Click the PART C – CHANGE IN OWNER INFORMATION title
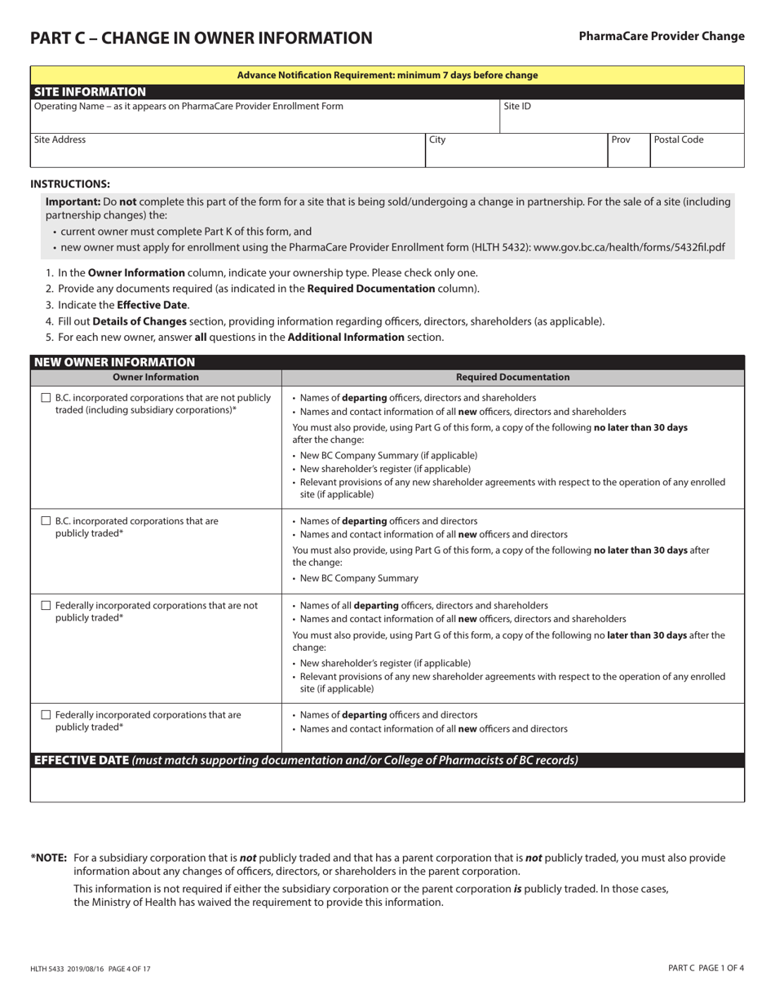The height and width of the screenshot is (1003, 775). [201, 38]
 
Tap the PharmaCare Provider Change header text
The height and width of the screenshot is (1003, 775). [661, 36]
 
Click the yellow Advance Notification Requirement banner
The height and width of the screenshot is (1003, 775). [387, 75]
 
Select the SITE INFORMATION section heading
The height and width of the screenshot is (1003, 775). [90, 92]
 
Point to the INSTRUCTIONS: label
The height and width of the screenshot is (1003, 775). [70, 184]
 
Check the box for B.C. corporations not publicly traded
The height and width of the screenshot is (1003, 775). [46, 398]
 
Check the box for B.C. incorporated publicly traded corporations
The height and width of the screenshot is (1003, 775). [46, 521]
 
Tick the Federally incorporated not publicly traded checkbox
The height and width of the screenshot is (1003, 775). [46, 606]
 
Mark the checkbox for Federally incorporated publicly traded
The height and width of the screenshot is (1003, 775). [46, 715]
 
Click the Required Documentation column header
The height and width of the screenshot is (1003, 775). [512, 378]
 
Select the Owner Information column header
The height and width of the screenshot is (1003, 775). [155, 378]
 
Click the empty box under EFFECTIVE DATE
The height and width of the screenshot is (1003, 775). [387, 784]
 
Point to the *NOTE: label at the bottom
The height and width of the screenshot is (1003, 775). [49, 858]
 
